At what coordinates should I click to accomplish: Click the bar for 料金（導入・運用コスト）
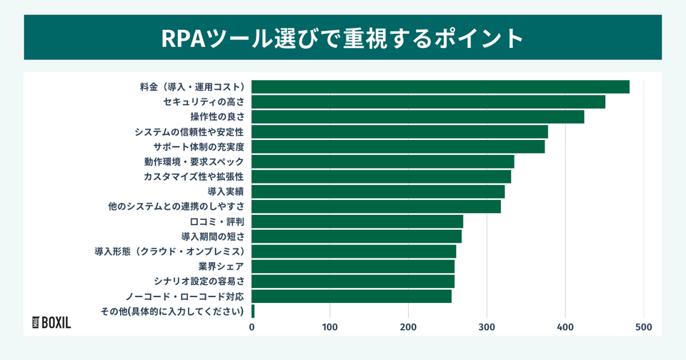coord(440,86)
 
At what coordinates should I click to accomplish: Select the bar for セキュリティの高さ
coord(428,101)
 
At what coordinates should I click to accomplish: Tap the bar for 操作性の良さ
coord(418,116)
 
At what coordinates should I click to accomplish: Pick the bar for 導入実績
coord(378,191)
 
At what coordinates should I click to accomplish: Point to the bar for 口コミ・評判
coord(357,221)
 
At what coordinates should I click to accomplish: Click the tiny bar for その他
coord(253,311)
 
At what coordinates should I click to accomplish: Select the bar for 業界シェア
coord(353,266)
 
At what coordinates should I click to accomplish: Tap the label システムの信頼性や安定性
coord(189,131)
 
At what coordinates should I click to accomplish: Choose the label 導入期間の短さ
coord(213,236)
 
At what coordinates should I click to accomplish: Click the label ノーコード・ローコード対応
coord(185,296)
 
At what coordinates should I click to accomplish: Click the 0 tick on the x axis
coord(252,327)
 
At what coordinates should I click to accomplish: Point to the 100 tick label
coord(330,327)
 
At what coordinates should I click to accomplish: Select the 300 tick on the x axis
coord(487,327)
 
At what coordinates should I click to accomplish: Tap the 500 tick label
coord(644,327)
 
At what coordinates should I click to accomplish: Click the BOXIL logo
coord(52,321)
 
